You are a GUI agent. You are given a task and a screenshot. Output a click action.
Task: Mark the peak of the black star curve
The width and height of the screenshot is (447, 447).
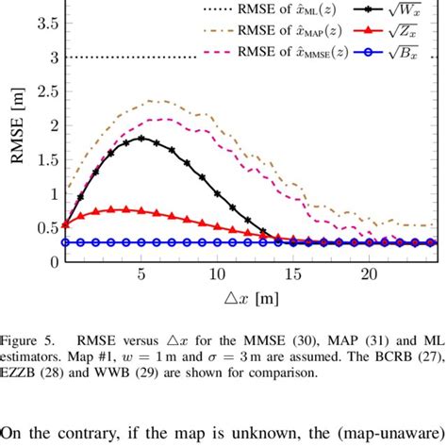click(141, 138)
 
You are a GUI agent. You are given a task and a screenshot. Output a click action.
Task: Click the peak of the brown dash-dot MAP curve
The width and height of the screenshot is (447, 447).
click(153, 100)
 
